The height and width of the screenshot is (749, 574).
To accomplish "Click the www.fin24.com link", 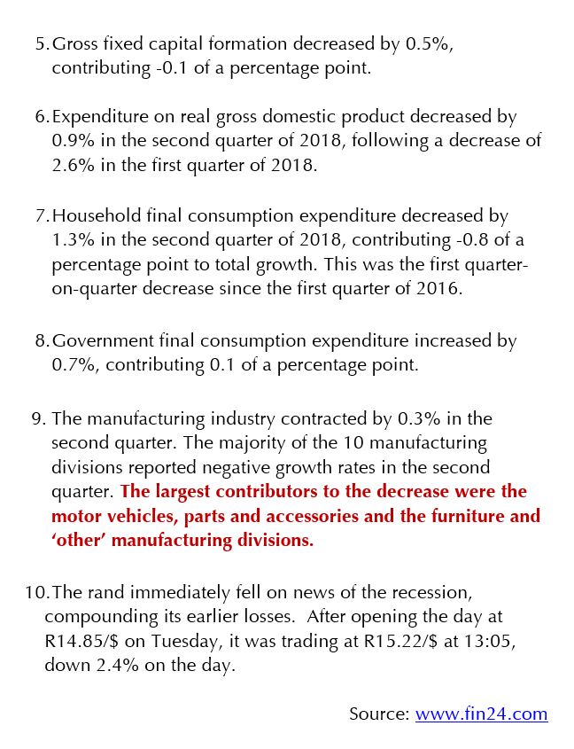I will pos(481,714).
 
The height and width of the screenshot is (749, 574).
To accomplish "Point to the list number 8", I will pos(39,341).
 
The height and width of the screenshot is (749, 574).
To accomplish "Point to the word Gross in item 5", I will pos(75,44).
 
